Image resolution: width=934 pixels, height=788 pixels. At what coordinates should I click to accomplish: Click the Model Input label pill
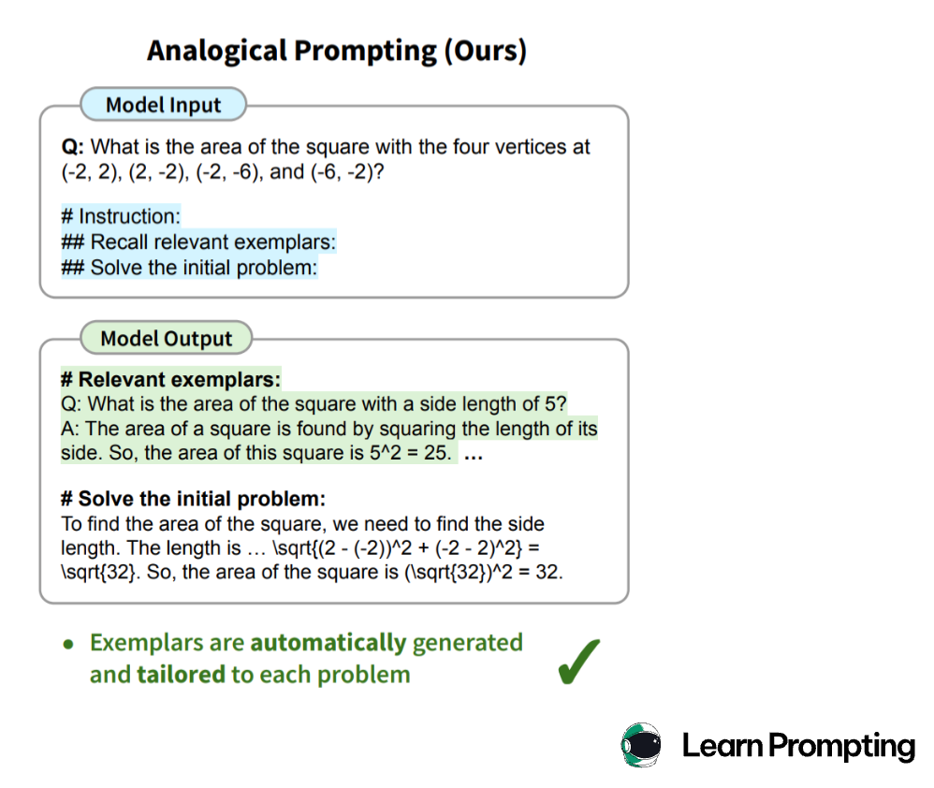163,105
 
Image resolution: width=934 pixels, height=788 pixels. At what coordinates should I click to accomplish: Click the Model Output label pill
167,338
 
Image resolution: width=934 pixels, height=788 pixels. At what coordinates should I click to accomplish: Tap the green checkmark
578,662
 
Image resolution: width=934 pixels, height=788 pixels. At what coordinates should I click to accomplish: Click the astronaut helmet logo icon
641,745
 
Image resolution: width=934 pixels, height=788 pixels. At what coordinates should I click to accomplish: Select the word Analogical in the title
217,51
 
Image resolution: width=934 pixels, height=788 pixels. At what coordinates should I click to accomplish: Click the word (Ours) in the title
486,51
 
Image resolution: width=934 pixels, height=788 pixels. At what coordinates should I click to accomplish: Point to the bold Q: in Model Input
73,147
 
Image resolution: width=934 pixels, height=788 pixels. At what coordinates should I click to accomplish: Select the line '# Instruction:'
121,216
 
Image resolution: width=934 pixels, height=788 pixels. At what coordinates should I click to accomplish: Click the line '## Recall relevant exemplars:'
198,241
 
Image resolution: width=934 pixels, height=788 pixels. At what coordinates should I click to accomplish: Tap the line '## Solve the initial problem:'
189,268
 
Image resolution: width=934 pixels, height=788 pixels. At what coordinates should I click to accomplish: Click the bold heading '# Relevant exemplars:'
170,379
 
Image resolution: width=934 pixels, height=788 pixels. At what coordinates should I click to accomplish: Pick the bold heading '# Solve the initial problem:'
193,499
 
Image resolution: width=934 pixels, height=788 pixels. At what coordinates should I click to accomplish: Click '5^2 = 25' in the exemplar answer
409,453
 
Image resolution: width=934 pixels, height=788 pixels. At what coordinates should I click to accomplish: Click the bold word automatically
328,643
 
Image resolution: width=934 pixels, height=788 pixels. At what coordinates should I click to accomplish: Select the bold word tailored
181,675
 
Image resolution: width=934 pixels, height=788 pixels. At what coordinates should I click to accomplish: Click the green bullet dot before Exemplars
68,645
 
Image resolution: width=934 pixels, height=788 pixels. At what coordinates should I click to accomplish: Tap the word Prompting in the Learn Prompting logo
841,747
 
